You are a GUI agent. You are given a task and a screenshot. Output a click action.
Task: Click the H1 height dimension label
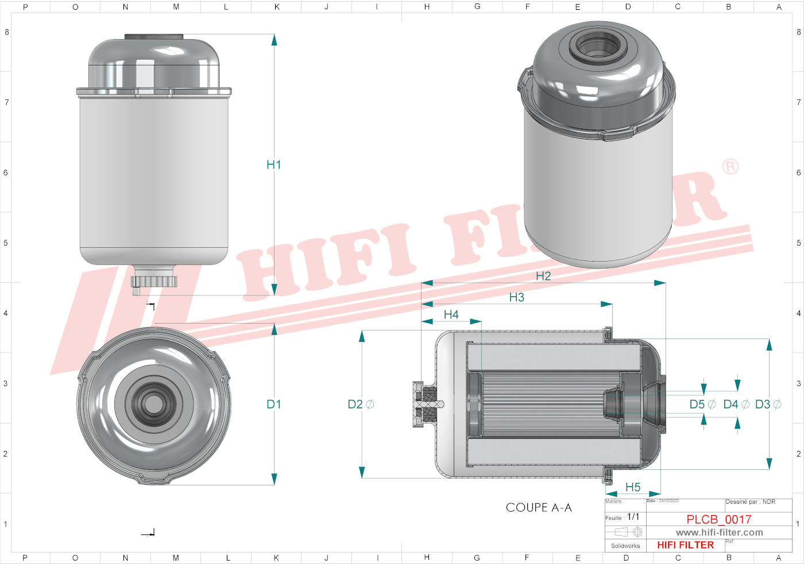tap(273, 165)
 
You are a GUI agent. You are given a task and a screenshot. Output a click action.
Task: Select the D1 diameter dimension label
tap(273, 404)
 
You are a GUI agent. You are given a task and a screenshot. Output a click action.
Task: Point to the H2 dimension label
tap(543, 276)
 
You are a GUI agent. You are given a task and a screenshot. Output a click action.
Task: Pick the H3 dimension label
tap(516, 297)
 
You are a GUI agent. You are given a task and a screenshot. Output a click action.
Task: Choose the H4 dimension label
tap(451, 314)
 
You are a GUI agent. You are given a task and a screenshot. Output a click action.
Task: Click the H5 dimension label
tap(632, 487)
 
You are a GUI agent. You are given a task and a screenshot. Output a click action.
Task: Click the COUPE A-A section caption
tap(538, 508)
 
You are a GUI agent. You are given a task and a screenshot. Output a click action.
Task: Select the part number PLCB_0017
tap(718, 519)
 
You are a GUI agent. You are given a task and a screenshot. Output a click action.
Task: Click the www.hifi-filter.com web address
tap(719, 532)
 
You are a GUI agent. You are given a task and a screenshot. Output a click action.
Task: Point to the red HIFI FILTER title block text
tap(685, 545)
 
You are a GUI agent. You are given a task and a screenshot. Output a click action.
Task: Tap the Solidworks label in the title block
tap(625, 546)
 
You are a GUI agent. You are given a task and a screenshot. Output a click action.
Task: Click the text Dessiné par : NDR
tap(750, 502)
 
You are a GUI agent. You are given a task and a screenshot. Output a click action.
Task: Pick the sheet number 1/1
tap(633, 517)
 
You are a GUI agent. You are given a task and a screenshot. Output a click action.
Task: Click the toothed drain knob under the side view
tap(154, 281)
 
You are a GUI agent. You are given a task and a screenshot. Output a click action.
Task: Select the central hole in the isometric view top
tap(597, 46)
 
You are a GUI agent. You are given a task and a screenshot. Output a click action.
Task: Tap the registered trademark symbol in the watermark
tap(730, 166)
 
